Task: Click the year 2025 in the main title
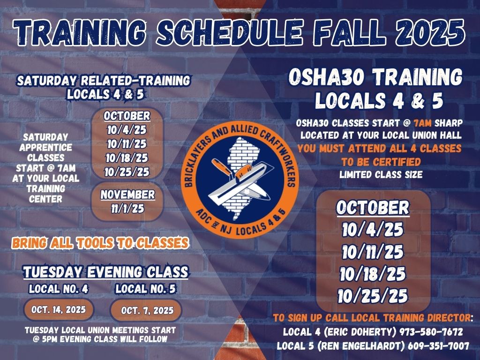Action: [x=430, y=32]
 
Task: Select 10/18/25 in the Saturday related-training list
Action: [x=127, y=158]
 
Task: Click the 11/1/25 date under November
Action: [x=127, y=209]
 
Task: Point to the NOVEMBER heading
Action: [x=127, y=195]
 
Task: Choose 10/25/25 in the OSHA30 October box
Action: [x=373, y=296]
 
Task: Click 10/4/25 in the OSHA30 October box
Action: [x=373, y=230]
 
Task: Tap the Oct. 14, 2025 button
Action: [x=59, y=309]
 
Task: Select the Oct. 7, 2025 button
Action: [x=146, y=310]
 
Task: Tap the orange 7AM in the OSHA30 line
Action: [x=422, y=123]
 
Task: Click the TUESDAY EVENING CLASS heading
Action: [x=105, y=272]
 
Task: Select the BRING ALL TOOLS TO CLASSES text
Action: [x=100, y=243]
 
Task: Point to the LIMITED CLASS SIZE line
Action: [x=381, y=175]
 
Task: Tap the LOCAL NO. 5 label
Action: [x=145, y=289]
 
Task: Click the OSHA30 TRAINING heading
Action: [x=375, y=77]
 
